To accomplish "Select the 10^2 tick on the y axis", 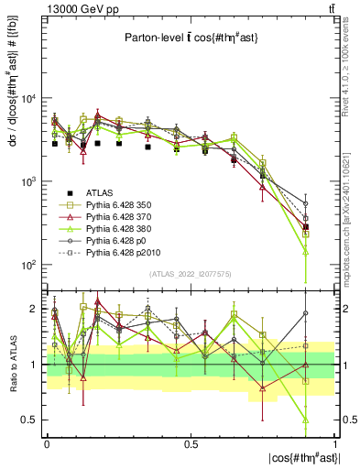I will click(x=28, y=265).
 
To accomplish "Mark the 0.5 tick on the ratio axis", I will click(x=33, y=420).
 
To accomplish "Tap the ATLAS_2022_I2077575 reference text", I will click(x=191, y=274).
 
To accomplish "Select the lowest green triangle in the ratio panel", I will click(x=306, y=420).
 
